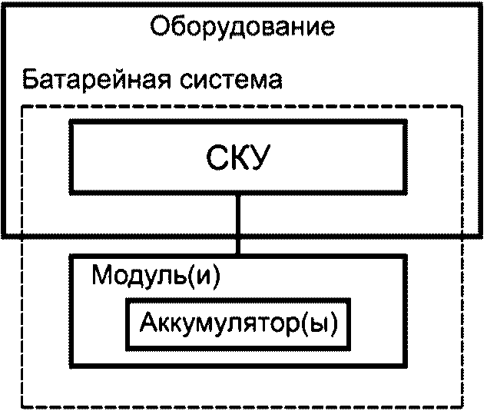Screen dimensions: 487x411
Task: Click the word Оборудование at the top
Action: (x=243, y=28)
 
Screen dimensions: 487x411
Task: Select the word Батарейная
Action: (x=97, y=80)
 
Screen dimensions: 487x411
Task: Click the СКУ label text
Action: (x=237, y=157)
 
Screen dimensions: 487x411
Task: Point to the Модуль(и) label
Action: (x=156, y=276)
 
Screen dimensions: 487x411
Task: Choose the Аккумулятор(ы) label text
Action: (x=239, y=323)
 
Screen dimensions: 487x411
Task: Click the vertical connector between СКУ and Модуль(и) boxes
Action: (x=238, y=224)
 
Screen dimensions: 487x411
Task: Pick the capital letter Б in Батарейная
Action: (x=31, y=80)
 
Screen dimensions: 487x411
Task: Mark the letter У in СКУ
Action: (x=258, y=158)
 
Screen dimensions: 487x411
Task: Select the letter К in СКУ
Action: (x=237, y=157)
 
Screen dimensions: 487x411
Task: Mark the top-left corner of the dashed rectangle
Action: (x=22, y=107)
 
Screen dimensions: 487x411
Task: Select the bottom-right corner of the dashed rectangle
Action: (x=462, y=406)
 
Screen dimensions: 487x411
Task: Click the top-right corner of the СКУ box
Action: (x=406, y=121)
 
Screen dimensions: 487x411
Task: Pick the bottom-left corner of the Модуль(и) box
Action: (x=71, y=366)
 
